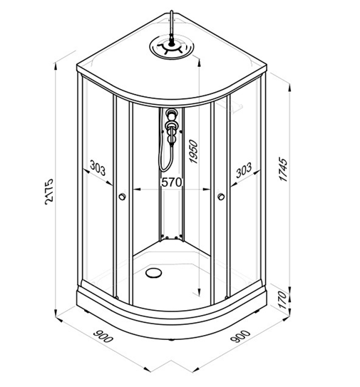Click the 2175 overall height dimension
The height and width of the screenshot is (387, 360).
tap(49, 192)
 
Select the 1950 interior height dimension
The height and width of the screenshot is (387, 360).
tap(194, 152)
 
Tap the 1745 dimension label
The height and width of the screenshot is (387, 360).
tap(283, 169)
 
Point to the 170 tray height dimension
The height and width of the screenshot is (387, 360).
tap(283, 300)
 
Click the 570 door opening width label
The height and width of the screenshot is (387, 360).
tap(172, 182)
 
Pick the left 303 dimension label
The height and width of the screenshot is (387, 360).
tap(98, 167)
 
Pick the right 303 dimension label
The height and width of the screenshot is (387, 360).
tap(244, 170)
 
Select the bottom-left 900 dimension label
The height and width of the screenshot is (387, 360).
tap(103, 336)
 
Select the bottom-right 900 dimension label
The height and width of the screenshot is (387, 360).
tap(240, 336)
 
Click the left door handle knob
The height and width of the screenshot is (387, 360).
tap(122, 197)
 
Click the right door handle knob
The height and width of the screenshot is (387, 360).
tap(221, 197)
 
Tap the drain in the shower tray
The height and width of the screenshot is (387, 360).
tap(154, 272)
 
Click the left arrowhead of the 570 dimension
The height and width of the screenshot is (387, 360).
tap(137, 190)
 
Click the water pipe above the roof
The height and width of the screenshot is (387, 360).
tap(172, 27)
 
